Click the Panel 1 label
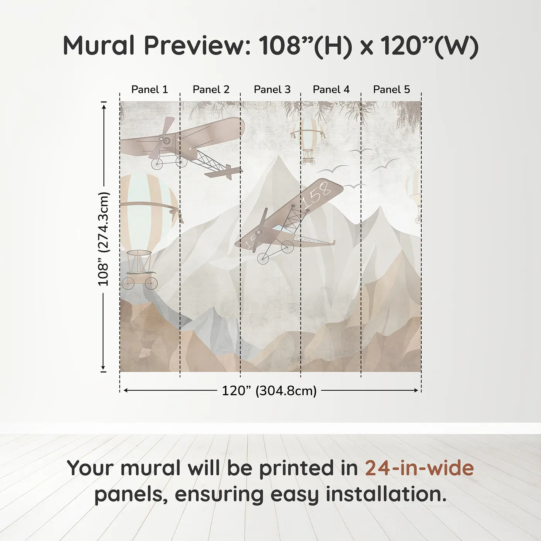(150, 90)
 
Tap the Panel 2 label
(211, 90)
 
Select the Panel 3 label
(272, 90)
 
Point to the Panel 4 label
(331, 90)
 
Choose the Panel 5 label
(391, 90)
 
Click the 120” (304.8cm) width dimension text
(269, 391)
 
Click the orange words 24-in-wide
(419, 468)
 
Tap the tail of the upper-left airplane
(224, 172)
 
